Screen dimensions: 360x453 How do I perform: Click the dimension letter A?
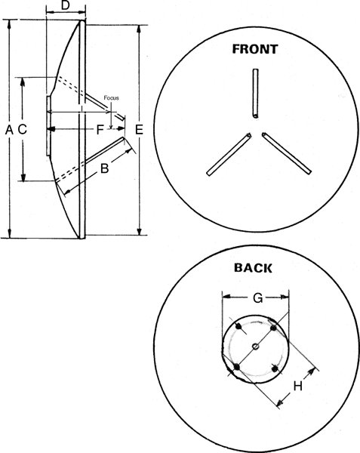coord(9,130)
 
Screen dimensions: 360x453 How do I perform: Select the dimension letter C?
coord(22,129)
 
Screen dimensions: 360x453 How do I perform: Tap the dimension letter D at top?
coord(66,5)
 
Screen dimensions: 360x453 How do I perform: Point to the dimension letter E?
coord(139,130)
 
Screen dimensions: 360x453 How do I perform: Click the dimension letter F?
coord(100,130)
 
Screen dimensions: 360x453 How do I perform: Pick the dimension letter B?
coord(104,168)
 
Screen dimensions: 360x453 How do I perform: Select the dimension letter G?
coord(258,298)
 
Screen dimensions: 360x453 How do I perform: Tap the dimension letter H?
coord(298,386)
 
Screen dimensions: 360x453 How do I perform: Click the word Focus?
coord(111,98)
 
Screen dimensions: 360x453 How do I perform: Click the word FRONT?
coord(255,49)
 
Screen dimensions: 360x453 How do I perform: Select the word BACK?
coord(253,268)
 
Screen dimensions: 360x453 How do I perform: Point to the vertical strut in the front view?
coord(255,94)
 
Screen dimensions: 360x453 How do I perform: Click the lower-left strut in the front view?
coord(229,154)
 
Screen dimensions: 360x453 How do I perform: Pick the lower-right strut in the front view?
coord(286,153)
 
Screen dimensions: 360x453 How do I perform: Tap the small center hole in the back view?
coord(255,346)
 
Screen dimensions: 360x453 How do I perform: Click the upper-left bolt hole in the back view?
coord(238,327)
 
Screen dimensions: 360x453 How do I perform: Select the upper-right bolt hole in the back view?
coord(273,328)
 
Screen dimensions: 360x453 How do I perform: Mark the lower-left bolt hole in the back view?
coord(237,367)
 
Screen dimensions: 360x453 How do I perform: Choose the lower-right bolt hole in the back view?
coord(275,368)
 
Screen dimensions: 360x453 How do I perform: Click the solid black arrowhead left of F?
coord(51,129)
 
